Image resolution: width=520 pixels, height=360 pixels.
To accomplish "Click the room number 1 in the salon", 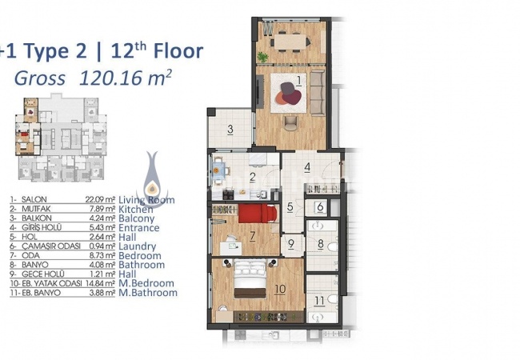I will tap(298, 80).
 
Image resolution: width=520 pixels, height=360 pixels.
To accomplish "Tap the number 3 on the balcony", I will tap(229, 130).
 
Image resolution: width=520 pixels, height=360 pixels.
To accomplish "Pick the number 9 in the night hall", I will tap(292, 246).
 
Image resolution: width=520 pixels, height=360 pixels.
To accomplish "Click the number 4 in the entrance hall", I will tap(307, 168).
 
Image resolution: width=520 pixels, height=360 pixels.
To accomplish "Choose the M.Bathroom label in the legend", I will tap(154, 293).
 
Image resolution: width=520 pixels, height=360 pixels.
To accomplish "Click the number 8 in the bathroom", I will tap(318, 246).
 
